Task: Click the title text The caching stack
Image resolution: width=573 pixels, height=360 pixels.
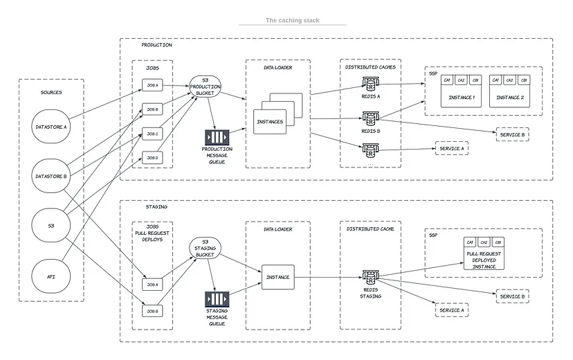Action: point(293,21)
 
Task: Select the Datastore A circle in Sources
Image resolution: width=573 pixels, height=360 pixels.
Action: point(52,127)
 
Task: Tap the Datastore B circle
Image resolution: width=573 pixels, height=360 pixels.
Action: point(52,176)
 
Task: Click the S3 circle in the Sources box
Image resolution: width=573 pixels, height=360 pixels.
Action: point(52,226)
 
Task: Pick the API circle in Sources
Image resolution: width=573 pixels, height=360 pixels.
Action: point(52,276)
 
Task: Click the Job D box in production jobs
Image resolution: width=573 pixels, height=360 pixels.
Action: point(152,158)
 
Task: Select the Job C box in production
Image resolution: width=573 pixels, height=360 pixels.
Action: point(152,134)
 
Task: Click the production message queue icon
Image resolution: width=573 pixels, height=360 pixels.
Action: point(217,137)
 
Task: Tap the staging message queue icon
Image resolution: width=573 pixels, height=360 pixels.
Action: point(217,300)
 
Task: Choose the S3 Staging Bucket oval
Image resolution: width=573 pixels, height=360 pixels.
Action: point(205,250)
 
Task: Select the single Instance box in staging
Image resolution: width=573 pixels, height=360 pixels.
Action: point(278,277)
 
